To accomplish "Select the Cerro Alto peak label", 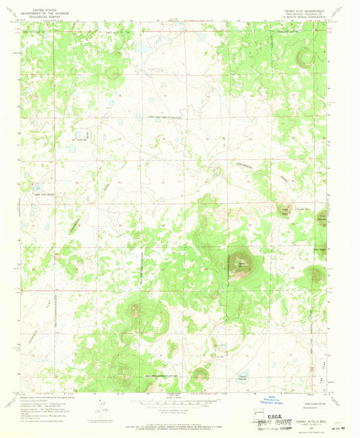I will click(240, 262).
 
